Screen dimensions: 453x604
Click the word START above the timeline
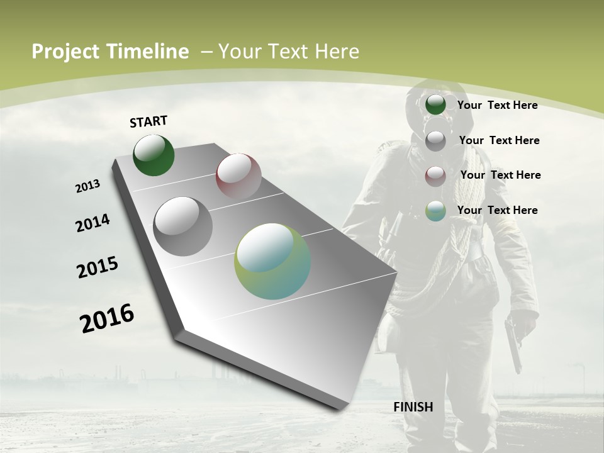tap(148, 121)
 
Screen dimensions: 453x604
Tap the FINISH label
tap(413, 407)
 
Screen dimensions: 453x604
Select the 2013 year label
tap(87, 186)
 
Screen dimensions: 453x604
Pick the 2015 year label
tap(98, 267)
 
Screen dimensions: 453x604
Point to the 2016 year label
tap(107, 318)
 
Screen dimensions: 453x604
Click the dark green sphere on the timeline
tap(154, 155)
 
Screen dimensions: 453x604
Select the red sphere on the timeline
tap(238, 176)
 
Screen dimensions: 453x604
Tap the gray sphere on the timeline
tap(182, 226)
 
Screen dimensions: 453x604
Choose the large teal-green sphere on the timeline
tap(272, 261)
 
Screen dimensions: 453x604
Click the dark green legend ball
tap(435, 105)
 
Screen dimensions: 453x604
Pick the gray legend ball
tap(435, 140)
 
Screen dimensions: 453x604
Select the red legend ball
tap(435, 176)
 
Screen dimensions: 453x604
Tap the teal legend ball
tap(435, 211)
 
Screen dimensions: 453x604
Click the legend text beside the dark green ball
tap(497, 105)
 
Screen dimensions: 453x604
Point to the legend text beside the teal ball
tap(497, 210)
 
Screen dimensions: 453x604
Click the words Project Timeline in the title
tap(110, 52)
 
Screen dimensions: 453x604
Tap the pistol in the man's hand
tap(513, 343)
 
